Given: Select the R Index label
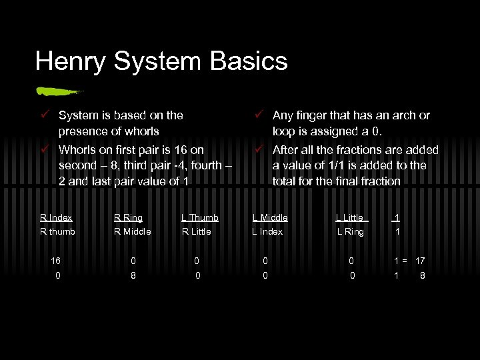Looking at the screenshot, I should point(56,217).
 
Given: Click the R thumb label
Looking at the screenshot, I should point(57,231).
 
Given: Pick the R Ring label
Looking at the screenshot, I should point(128,217).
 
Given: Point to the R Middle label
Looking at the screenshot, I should point(133,231).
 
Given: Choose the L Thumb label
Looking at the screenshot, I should point(200,217).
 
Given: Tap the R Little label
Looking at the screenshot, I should point(197,231).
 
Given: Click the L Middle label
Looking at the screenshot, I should point(270,217).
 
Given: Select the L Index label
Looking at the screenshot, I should point(267,231).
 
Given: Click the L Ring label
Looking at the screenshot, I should point(351,231).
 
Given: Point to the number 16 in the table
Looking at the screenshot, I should point(57,261).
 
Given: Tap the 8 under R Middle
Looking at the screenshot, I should point(133,274).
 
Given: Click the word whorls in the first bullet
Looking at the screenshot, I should point(142,131).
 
